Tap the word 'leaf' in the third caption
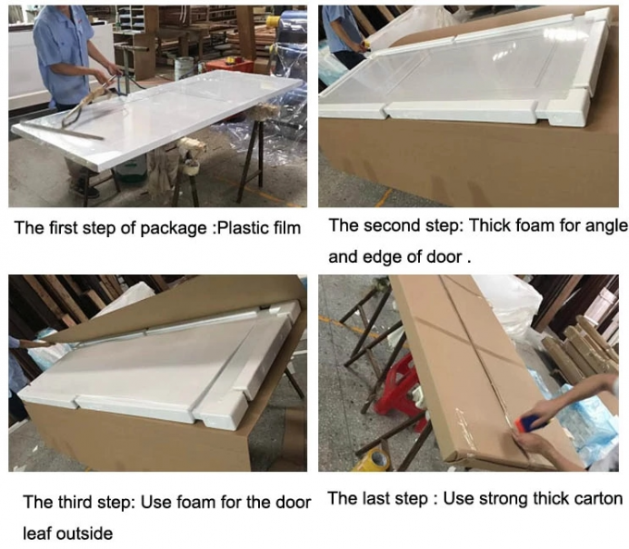(x=39, y=533)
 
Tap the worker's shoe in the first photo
(x=89, y=191)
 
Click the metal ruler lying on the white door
(x=79, y=133)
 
